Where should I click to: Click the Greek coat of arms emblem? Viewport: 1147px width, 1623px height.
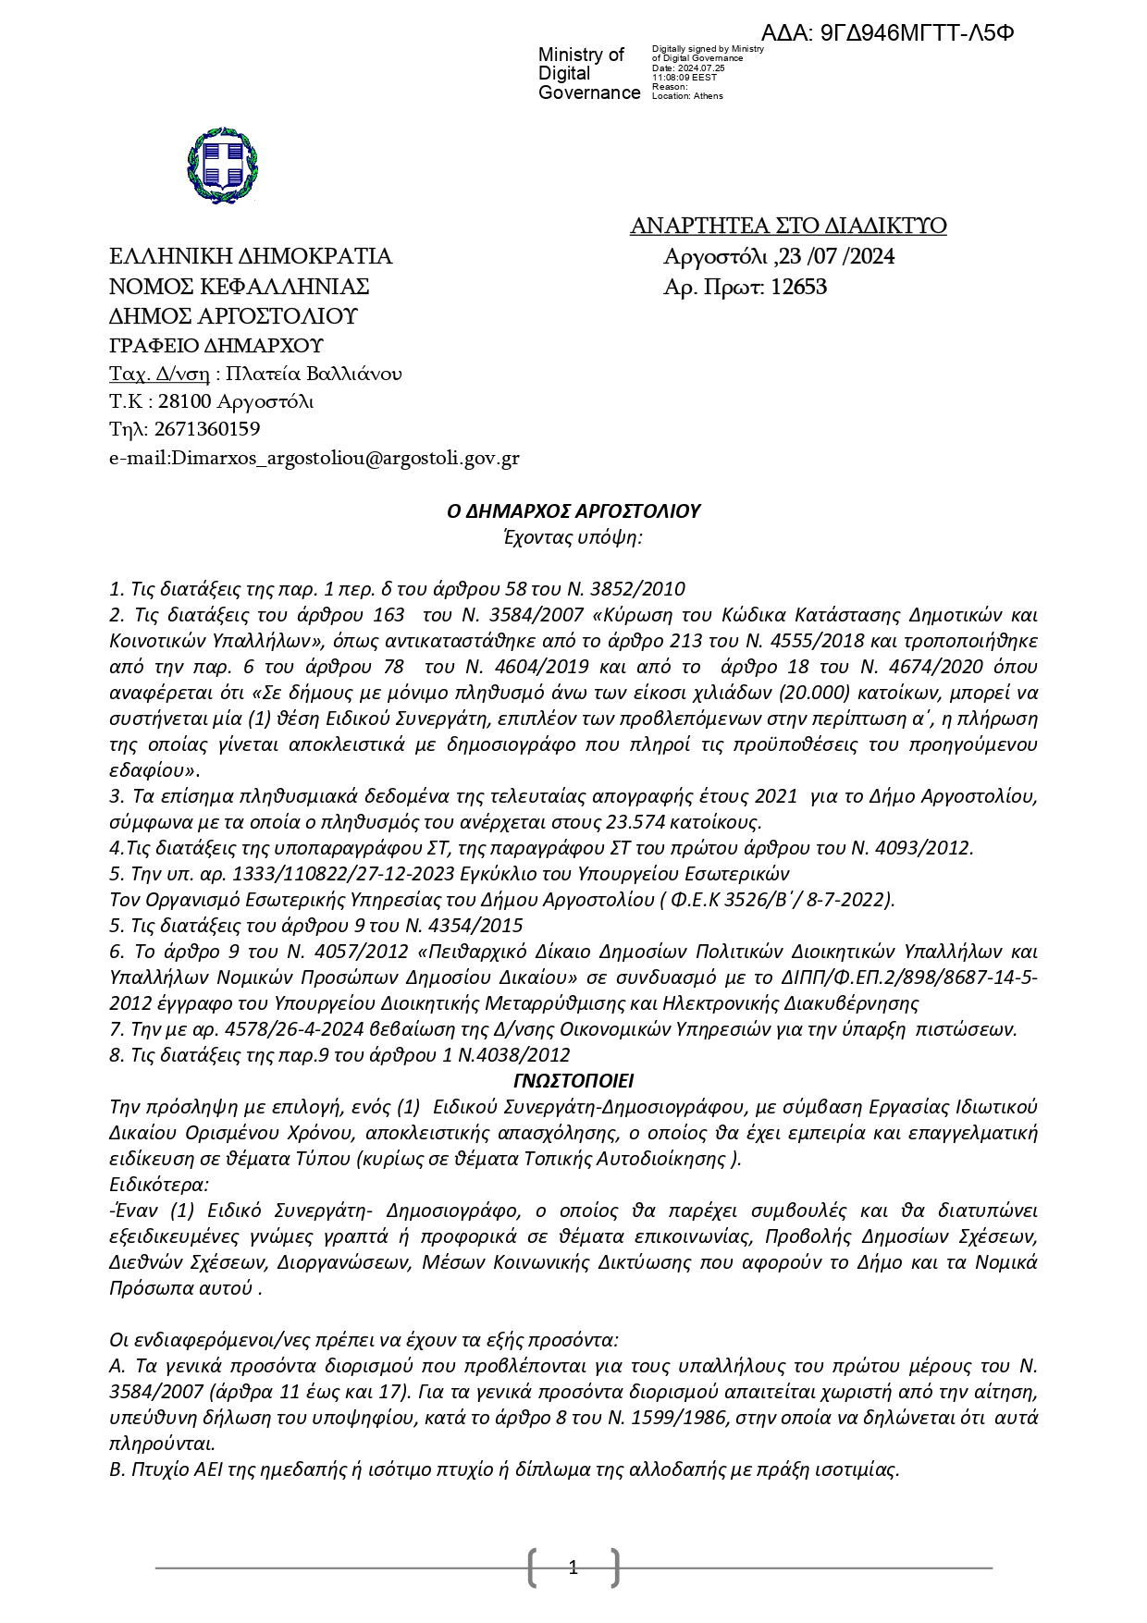222,165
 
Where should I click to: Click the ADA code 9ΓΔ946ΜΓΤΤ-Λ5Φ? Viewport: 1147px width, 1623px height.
917,32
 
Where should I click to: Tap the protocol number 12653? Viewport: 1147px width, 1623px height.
798,287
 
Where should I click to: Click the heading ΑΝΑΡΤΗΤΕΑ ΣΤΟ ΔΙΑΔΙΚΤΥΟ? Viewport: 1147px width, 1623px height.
787,226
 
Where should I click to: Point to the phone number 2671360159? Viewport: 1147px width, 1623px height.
207,429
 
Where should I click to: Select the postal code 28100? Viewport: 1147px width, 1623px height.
185,401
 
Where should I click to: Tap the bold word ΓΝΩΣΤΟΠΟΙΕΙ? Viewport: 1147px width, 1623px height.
573,1081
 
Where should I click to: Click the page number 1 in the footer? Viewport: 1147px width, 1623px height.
573,1567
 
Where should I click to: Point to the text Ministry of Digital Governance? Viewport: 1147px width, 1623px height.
588,73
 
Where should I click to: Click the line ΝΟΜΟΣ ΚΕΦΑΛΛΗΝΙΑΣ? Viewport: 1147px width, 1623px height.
239,286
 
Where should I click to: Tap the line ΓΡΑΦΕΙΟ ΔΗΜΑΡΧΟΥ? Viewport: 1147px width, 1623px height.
216,346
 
